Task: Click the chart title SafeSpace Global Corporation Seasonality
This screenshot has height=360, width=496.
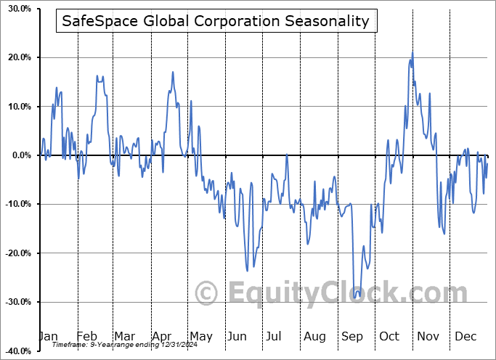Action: (216, 21)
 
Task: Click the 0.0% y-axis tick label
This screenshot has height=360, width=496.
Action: (18, 155)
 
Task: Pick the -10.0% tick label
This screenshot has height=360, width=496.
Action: (15, 204)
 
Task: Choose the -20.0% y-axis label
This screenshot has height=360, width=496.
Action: (15, 253)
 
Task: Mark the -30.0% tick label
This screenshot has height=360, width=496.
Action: (15, 302)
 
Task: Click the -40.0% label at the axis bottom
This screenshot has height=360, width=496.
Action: (15, 351)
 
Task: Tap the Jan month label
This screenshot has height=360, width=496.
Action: (48, 336)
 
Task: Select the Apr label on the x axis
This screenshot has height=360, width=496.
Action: (161, 336)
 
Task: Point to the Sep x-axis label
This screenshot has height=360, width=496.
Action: (352, 336)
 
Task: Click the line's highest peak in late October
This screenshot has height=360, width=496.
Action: (412, 52)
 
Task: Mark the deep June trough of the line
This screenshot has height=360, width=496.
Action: (248, 271)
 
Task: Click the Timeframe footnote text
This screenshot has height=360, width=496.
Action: (116, 345)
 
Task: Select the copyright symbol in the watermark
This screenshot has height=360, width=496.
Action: (207, 293)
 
